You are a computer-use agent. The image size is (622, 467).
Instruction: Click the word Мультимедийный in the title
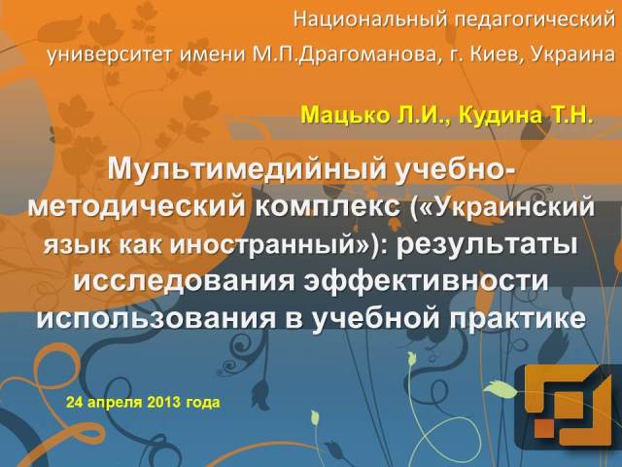click(x=245, y=169)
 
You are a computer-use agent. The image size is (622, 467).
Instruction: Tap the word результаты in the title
click(x=489, y=243)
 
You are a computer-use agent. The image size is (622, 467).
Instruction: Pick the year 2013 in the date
click(x=167, y=401)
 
